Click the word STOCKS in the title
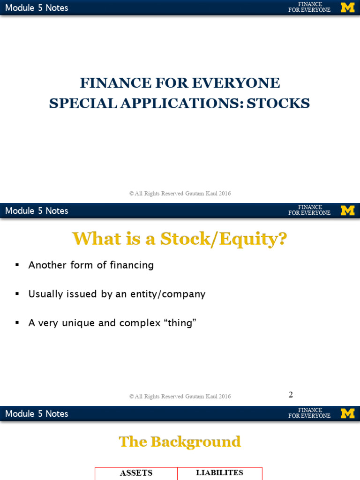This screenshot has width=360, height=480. (278, 103)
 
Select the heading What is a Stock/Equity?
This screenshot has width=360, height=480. (180, 239)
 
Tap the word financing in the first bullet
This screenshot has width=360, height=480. (132, 265)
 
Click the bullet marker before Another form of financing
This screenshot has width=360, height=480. (17, 265)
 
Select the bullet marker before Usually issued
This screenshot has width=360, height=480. (17, 294)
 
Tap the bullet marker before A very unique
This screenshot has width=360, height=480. (17, 323)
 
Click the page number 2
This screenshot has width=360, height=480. (291, 395)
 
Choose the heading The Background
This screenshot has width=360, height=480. (180, 442)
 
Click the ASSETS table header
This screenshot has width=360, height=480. (136, 473)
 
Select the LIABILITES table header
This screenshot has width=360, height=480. (219, 473)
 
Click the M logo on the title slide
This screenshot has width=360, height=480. (347, 7)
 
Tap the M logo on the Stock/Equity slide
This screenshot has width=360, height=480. (347, 210)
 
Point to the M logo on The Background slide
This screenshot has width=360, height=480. (347, 413)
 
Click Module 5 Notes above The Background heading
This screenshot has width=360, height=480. (37, 414)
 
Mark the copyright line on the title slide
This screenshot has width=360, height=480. (180, 194)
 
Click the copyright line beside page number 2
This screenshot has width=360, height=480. (180, 397)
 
